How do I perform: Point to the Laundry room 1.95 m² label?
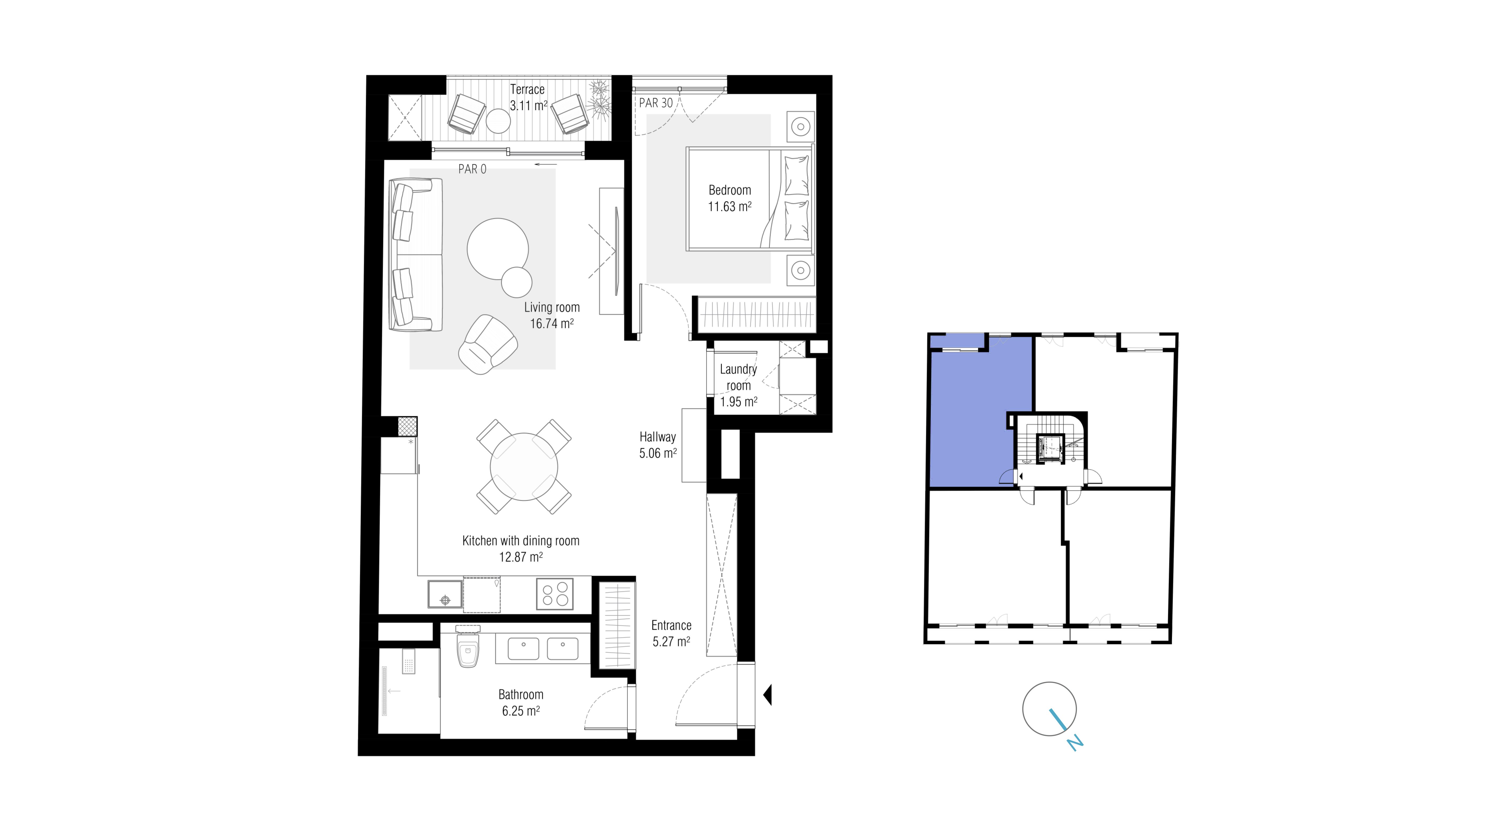coord(738,385)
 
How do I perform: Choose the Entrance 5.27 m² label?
coord(671,633)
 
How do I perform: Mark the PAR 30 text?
coord(656,103)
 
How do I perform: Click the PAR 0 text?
coord(472,169)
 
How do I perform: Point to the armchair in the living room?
coord(487,345)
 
